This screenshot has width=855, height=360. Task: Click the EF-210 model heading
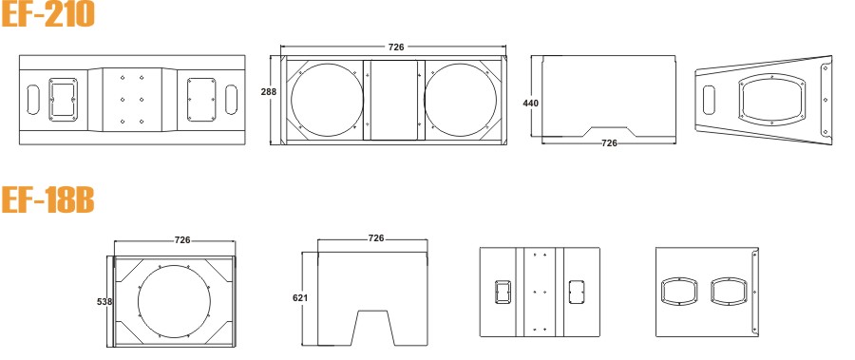click(47, 13)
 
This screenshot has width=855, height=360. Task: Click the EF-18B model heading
click(47, 199)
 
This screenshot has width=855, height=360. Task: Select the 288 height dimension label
click(268, 91)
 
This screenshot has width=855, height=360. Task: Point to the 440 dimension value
click(530, 103)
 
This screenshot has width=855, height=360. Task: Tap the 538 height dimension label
click(104, 301)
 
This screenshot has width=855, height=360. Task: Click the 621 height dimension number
click(300, 298)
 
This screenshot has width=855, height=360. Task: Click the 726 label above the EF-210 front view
click(396, 47)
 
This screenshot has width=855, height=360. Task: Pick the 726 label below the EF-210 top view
click(609, 142)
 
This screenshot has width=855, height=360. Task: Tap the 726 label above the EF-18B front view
click(182, 240)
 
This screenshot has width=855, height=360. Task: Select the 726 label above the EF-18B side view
click(376, 238)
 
